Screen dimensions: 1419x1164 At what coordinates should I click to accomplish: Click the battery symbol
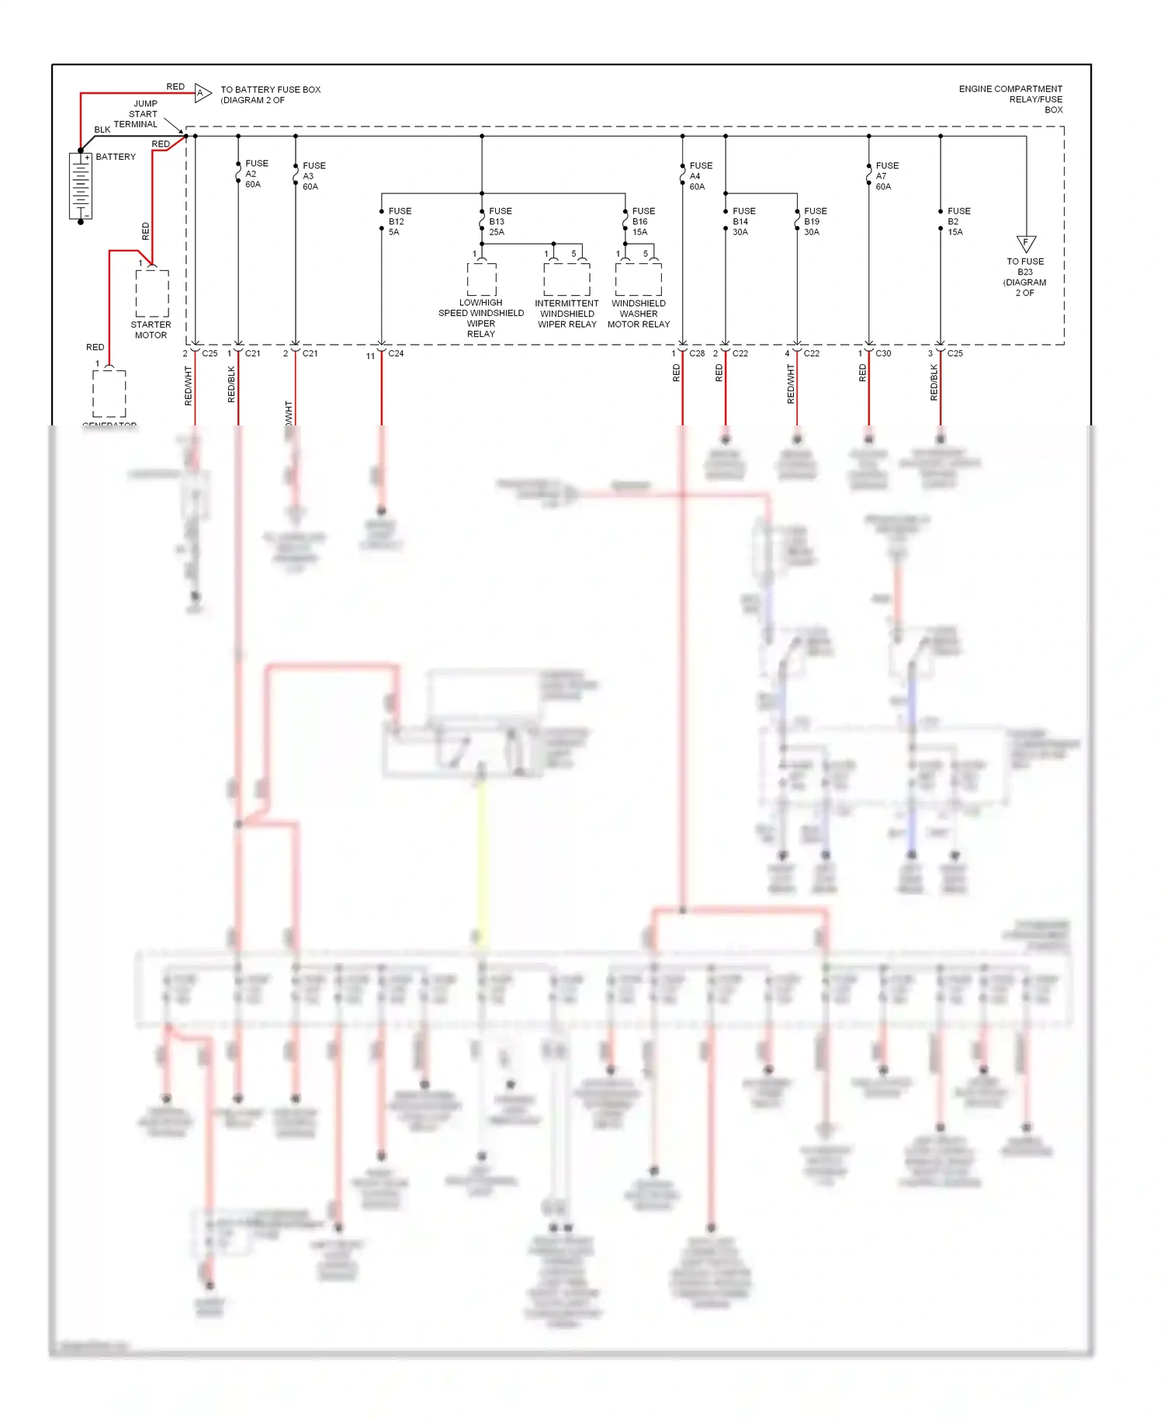click(81, 186)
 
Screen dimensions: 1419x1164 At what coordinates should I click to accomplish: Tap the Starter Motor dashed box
click(152, 293)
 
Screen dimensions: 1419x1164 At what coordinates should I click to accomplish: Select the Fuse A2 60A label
click(256, 174)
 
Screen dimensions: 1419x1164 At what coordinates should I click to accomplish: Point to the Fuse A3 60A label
click(314, 176)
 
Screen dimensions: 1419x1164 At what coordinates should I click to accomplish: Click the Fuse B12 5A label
click(399, 221)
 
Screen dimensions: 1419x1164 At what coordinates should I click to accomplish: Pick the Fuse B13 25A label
click(500, 221)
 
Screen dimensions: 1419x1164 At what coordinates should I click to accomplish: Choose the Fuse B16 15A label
click(643, 221)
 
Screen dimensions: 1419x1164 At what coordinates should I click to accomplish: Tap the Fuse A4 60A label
click(700, 176)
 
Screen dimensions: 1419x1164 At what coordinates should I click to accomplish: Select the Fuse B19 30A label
click(815, 221)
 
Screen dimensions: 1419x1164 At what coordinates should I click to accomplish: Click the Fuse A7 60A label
click(886, 176)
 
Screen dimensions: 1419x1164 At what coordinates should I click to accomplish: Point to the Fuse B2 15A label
click(958, 221)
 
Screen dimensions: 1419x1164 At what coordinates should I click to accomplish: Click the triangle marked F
click(1026, 243)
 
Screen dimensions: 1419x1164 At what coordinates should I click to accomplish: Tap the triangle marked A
click(202, 93)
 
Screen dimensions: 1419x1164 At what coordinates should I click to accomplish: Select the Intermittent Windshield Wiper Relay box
click(566, 279)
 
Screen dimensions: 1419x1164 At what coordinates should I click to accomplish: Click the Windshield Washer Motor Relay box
click(638, 279)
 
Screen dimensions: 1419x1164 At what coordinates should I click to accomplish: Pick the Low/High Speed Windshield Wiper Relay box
click(481, 279)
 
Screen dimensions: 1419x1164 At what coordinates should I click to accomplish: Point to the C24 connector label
click(396, 353)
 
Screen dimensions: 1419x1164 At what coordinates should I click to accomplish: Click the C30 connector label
click(883, 353)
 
